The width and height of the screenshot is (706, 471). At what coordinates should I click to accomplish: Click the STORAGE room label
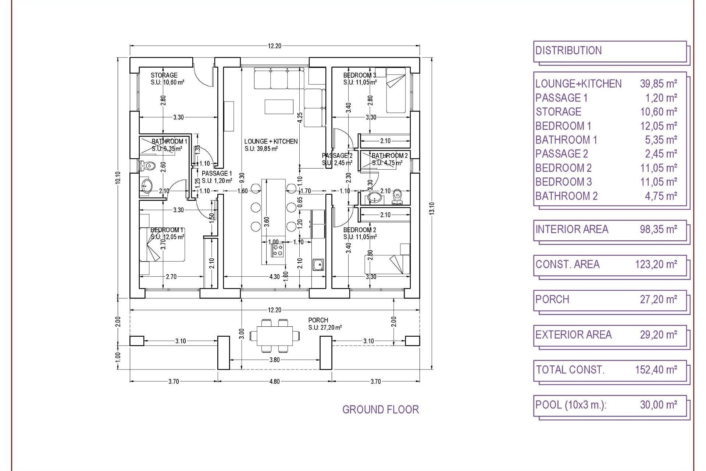tap(164, 75)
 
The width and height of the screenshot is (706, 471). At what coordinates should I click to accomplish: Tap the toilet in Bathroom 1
tap(148, 166)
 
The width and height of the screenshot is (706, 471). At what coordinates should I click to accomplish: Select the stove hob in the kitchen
tap(278, 250)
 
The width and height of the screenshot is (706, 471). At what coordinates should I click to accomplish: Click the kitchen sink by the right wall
tap(318, 264)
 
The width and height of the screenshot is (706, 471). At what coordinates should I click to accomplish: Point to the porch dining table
tap(275, 336)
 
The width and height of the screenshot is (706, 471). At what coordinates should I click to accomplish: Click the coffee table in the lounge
tap(279, 107)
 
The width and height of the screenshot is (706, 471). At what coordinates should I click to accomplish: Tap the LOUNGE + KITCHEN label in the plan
tap(271, 141)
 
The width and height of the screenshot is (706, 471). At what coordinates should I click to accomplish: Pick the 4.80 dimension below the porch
tap(274, 382)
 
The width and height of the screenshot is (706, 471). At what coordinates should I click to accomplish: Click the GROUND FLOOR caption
tap(380, 410)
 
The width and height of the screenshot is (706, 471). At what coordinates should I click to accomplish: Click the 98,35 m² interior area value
tap(658, 229)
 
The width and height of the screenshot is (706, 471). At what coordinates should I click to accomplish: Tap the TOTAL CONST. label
tap(570, 369)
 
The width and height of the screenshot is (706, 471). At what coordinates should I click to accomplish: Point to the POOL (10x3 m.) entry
tap(571, 405)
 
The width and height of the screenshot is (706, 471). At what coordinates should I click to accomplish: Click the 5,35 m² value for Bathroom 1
tap(658, 140)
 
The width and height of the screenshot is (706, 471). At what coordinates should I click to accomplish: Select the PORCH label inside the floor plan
tap(318, 320)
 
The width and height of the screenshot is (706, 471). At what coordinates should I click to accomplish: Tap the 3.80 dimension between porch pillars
tap(274, 360)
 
